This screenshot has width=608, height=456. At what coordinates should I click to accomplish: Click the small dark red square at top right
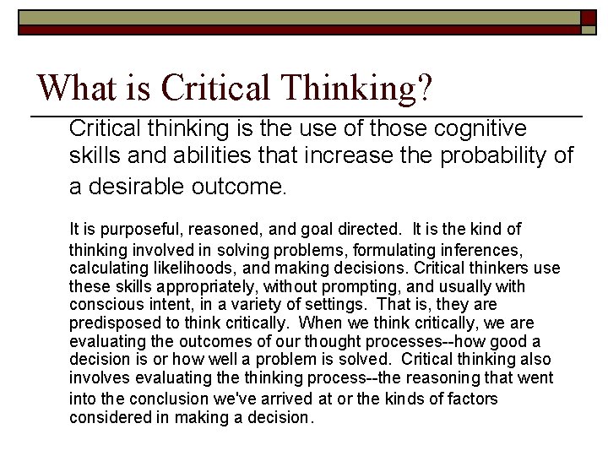pyautogui.click(x=588, y=16)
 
